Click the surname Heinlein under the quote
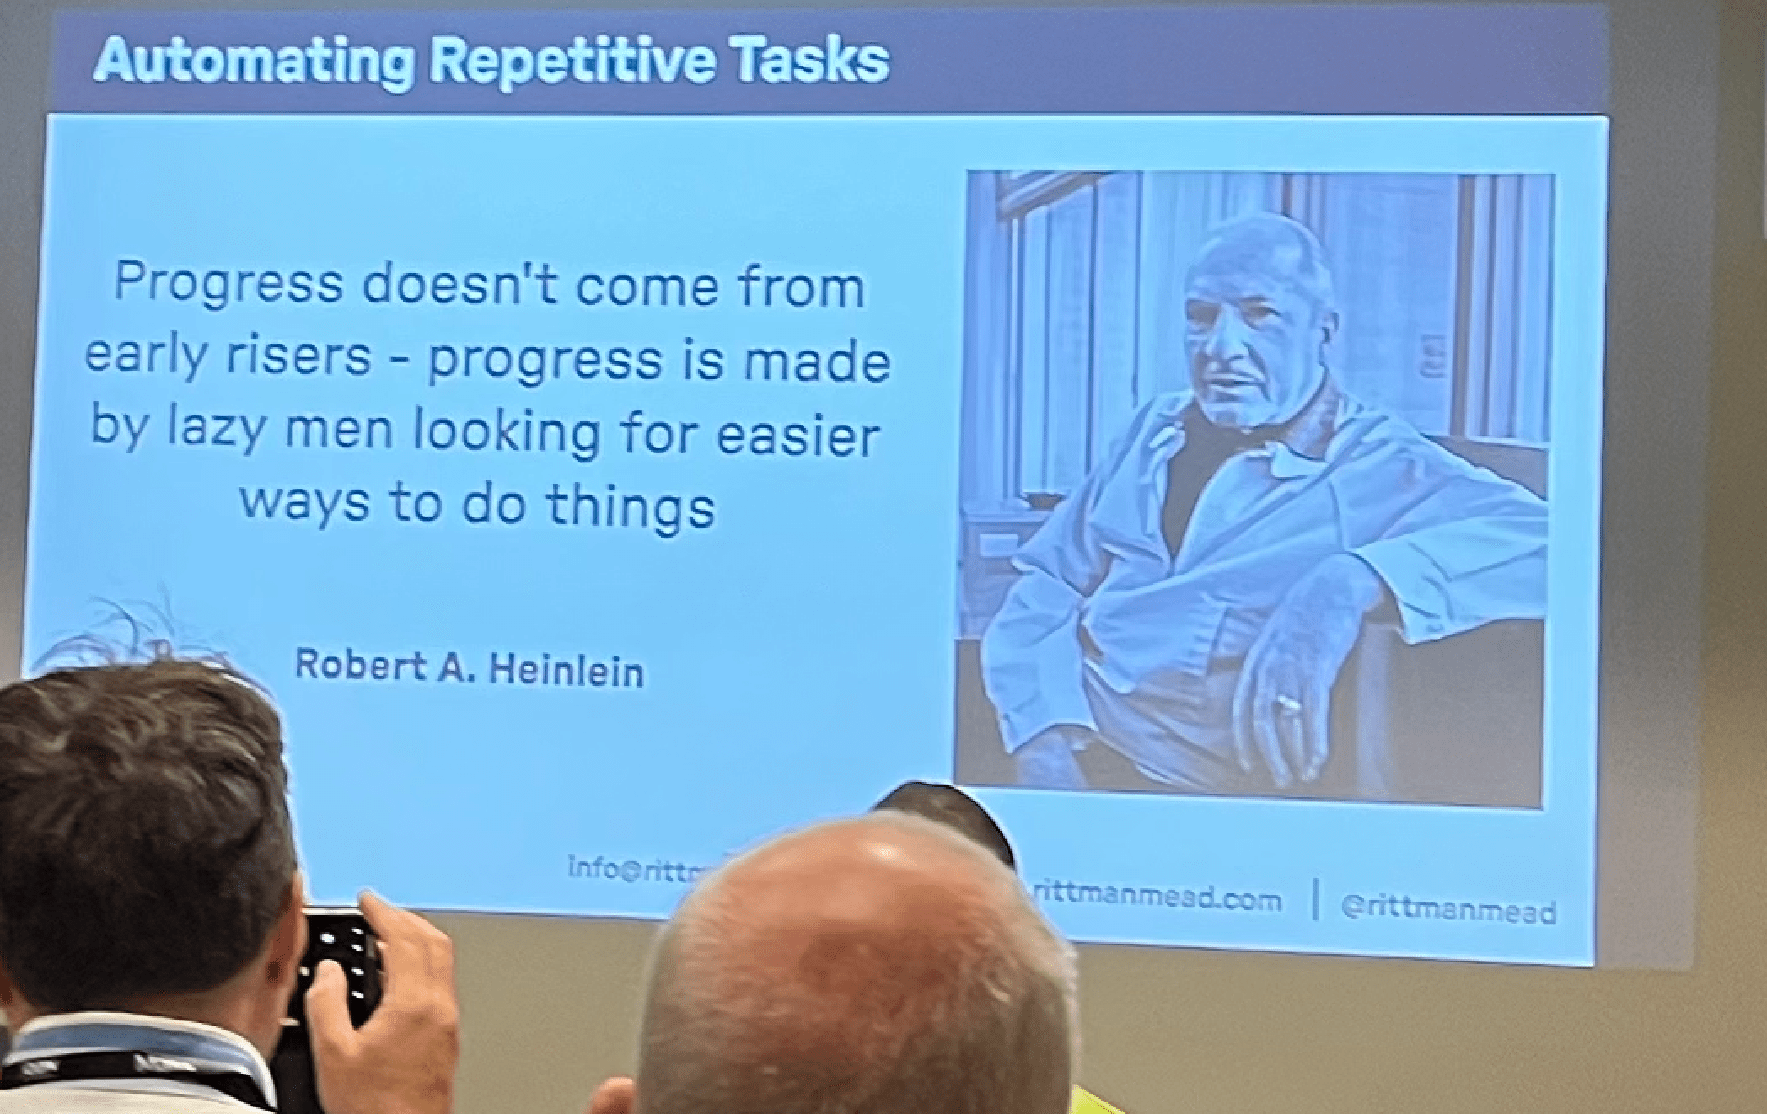coord(567,672)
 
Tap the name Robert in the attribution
coord(361,665)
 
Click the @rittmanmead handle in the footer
coord(1447,910)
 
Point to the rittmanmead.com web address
coord(1156,900)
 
